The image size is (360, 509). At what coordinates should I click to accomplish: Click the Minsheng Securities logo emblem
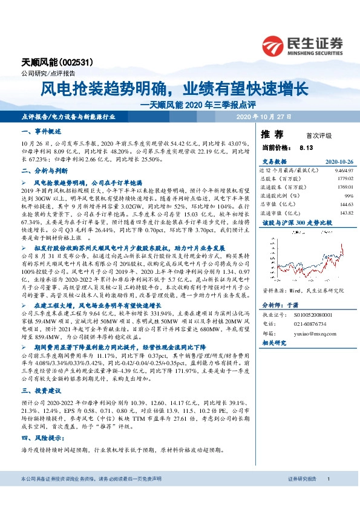tap(276, 45)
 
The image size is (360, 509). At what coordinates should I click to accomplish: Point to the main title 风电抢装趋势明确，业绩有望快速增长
tap(175, 89)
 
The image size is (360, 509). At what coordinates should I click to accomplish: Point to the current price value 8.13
tap(306, 148)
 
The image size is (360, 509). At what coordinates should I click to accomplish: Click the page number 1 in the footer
tap(328, 496)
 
